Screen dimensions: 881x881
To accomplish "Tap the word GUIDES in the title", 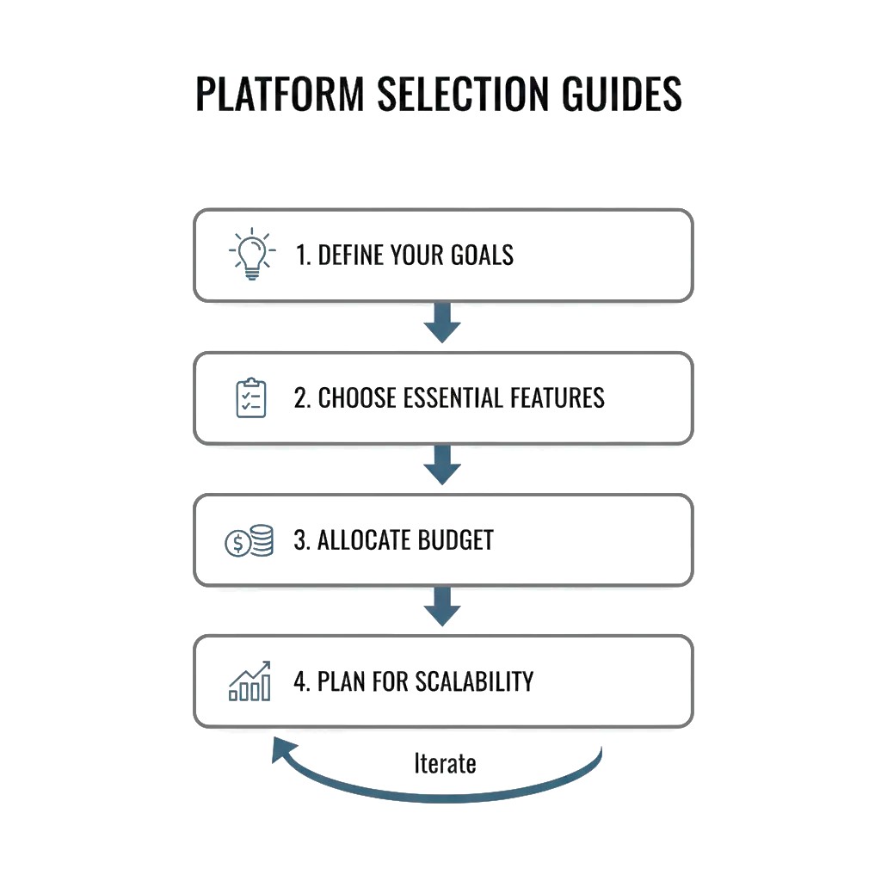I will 621,94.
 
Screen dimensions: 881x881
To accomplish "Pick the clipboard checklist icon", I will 251,397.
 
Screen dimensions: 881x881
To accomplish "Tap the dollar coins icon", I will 250,541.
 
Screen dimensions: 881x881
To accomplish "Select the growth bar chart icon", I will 250,681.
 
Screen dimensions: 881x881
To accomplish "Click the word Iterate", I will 445,763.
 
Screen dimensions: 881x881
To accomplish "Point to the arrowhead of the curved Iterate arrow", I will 281,749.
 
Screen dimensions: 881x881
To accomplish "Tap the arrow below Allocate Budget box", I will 443,610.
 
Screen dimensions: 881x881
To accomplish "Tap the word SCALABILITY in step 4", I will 474,681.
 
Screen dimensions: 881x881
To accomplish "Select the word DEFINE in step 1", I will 348,256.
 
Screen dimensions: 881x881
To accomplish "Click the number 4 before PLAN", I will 299,681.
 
